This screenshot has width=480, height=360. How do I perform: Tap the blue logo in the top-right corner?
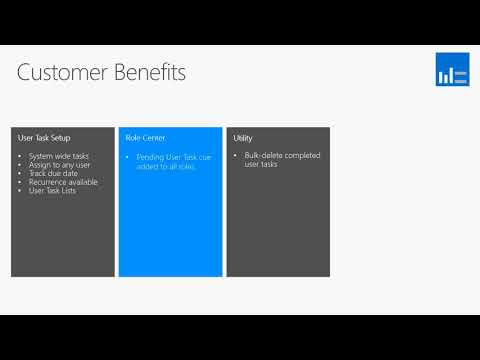coord(452,71)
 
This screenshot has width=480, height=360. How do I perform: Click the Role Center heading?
coord(145,137)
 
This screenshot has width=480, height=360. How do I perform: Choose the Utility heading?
coord(243,137)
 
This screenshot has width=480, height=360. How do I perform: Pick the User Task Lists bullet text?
coord(58,190)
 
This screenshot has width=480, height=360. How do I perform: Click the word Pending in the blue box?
coord(151,157)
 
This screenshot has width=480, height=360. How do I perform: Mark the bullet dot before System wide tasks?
coord(21,157)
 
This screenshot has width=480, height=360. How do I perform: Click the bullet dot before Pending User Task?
coord(128,157)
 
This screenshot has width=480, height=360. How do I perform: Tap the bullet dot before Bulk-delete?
coord(236,157)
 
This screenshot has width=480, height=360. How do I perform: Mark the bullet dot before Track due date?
coord(21,174)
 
